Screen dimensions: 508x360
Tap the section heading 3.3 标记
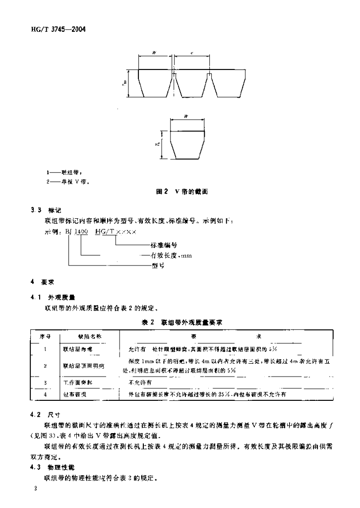click(x=49, y=210)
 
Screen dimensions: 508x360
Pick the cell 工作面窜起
click(x=78, y=382)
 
